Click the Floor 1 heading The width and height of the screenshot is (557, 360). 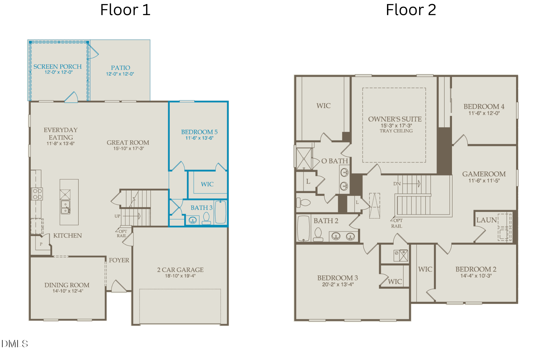[x=125, y=10]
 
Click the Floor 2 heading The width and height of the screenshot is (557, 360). [x=411, y=10]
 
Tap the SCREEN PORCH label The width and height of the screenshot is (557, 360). [x=57, y=66]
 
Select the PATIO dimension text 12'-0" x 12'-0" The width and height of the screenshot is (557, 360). [x=120, y=74]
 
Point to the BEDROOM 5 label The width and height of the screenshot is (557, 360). [x=199, y=132]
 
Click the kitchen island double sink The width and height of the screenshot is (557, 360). [x=65, y=207]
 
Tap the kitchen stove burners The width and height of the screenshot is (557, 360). [x=37, y=194]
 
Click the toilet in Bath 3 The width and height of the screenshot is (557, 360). [x=206, y=218]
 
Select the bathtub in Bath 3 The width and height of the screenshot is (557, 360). [x=220, y=212]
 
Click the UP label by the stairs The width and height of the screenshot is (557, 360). [x=117, y=216]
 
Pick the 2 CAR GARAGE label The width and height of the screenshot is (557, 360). [x=180, y=270]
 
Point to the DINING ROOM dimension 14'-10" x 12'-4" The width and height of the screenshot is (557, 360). [x=68, y=291]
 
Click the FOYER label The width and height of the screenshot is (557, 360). [x=119, y=260]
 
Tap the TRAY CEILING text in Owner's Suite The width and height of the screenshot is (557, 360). [x=396, y=131]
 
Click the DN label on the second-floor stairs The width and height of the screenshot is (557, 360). [x=397, y=184]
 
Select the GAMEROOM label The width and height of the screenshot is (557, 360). [x=484, y=174]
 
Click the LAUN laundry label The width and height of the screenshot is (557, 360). [x=487, y=220]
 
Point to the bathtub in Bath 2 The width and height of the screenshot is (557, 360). [x=303, y=228]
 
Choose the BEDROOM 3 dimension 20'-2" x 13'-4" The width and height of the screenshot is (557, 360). [x=338, y=285]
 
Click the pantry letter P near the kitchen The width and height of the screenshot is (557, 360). [x=41, y=244]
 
